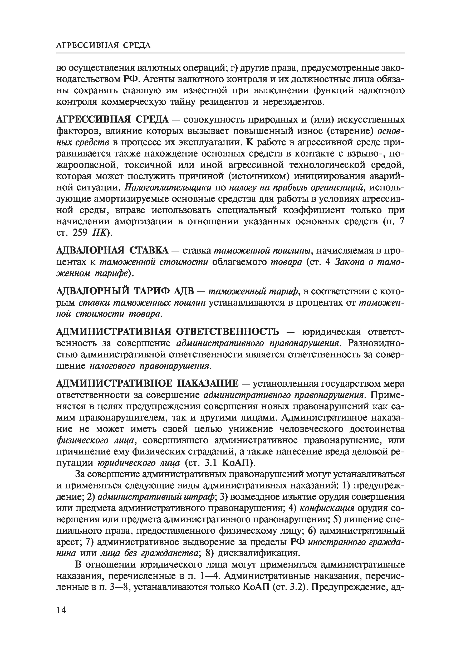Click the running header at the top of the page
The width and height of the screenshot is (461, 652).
pos(104,45)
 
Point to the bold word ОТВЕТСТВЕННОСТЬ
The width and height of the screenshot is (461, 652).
pos(228,331)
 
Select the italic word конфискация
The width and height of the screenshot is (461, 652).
pos(327,508)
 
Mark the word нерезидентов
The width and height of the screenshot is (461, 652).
pos(293,101)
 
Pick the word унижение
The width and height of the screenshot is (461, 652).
pos(249,429)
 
